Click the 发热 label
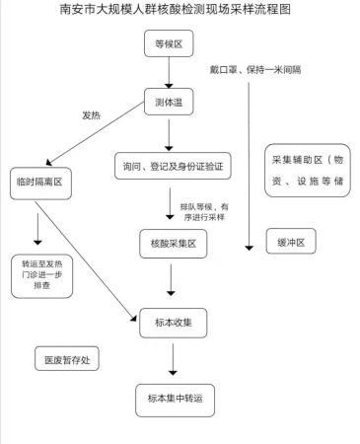[x=92, y=115]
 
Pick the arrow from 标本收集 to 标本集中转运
[x=173, y=358]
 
